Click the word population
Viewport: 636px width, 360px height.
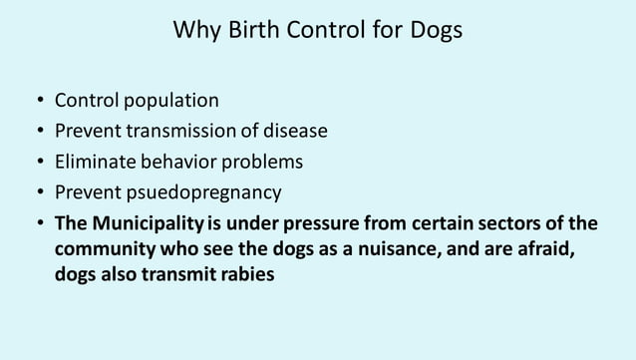[164, 101]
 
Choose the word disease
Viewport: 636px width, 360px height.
[293, 131]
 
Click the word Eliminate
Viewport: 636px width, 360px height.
[94, 161]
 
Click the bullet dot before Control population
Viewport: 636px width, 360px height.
[37, 102]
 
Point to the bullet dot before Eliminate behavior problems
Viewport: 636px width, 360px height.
[37, 162]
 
